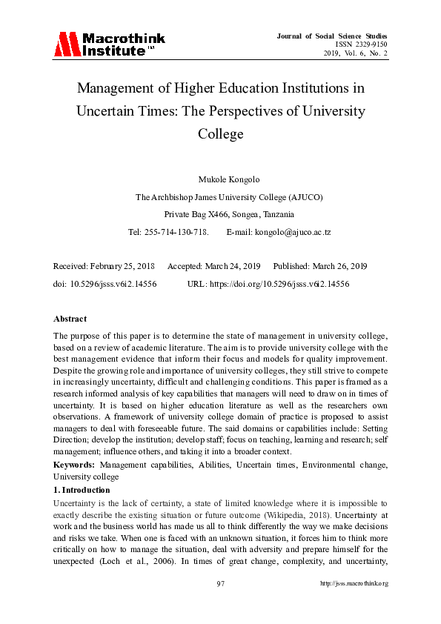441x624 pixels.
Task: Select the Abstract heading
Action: click(71, 318)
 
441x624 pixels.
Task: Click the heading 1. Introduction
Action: click(82, 490)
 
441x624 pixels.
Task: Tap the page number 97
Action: click(220, 582)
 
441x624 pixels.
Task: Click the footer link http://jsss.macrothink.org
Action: click(354, 582)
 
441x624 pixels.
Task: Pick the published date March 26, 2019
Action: click(339, 266)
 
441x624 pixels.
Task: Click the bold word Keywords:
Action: click(73, 464)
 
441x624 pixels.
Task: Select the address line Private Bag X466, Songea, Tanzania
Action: click(220, 213)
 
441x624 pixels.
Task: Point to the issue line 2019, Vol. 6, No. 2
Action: click(355, 53)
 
